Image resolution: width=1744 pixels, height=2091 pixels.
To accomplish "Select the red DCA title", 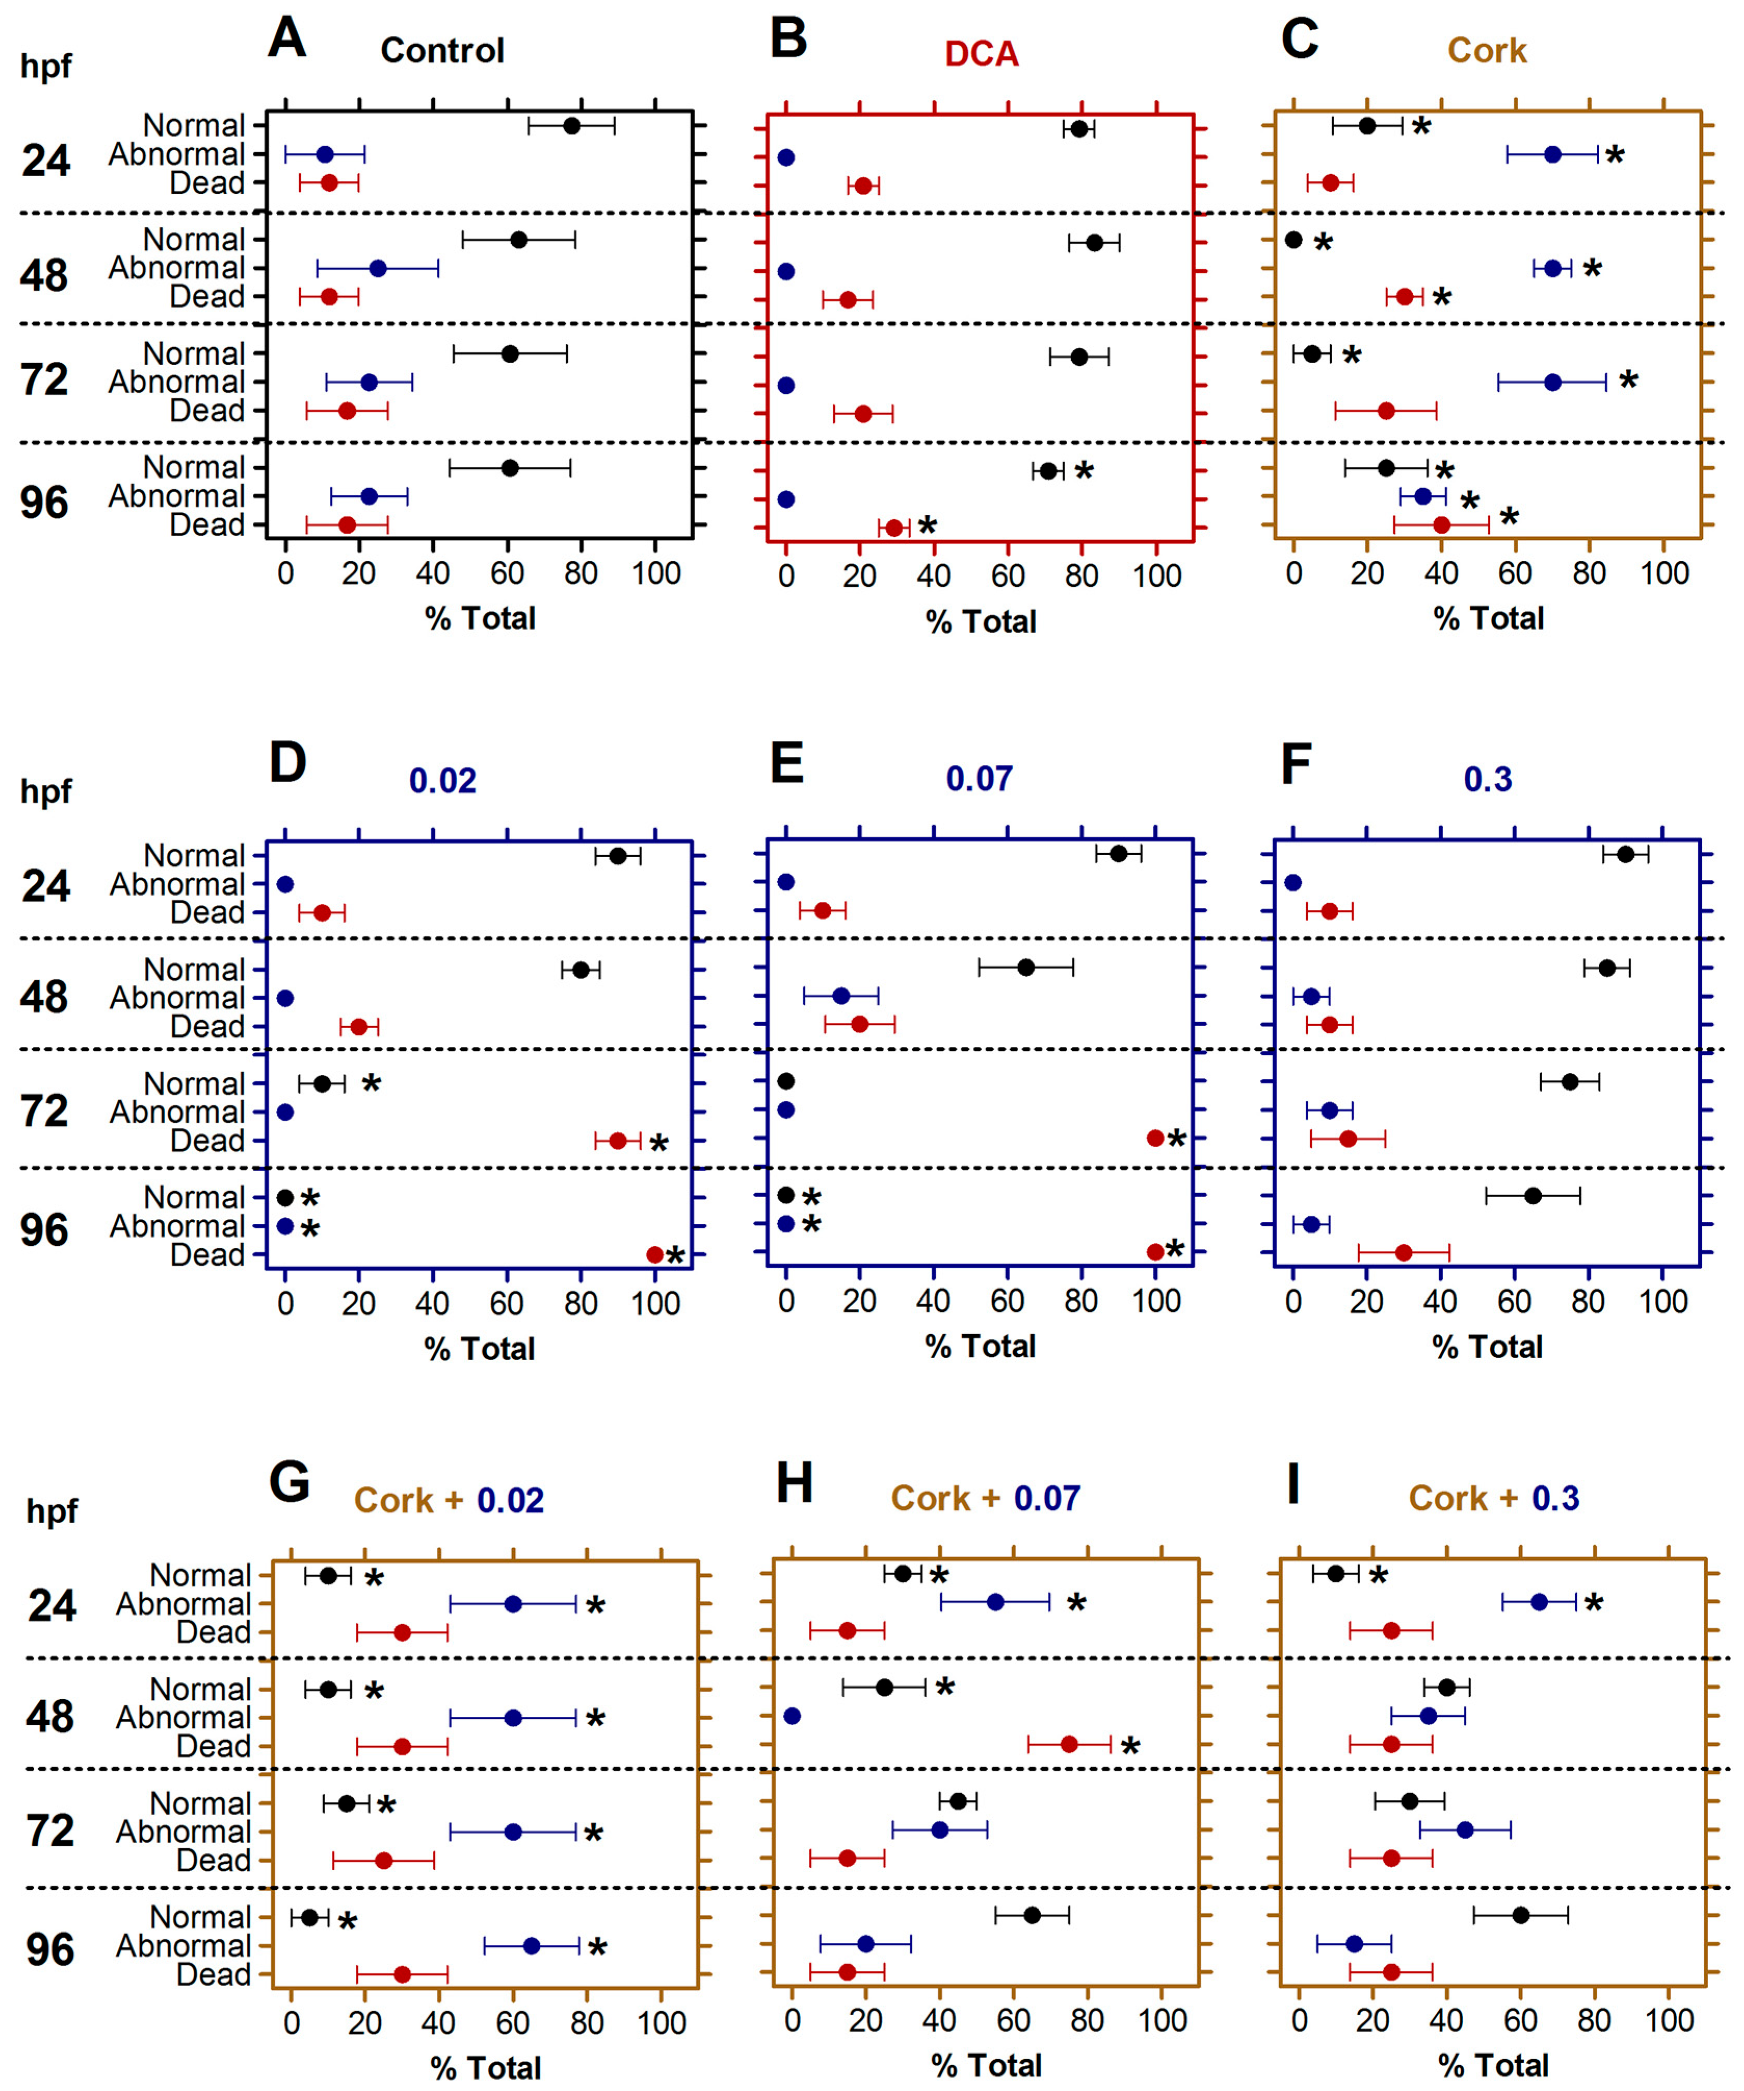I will [981, 54].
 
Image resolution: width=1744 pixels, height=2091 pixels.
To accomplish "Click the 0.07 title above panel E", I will [979, 779].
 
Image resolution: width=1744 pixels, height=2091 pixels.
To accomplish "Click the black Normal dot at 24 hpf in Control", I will [571, 125].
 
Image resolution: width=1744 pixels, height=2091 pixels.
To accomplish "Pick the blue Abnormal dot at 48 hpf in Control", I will [377, 268].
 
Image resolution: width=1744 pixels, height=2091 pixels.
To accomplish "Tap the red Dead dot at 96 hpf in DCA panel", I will [894, 528].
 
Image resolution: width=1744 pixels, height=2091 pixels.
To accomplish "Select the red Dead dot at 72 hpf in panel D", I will [617, 1141].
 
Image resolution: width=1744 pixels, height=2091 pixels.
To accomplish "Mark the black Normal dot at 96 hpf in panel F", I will [1533, 1195].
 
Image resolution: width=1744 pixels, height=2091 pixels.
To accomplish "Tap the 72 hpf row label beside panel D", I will [45, 1111].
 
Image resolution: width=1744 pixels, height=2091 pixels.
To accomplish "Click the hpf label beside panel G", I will [52, 1511].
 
